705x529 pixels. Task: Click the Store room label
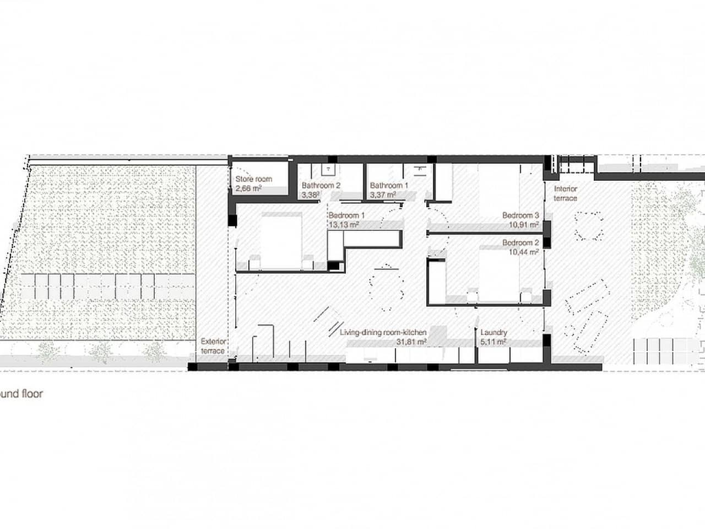pos(254,179)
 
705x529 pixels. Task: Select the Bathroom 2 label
pos(321,186)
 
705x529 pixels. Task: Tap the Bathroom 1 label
pos(389,186)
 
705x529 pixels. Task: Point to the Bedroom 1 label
pos(346,215)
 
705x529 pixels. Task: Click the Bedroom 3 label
pos(520,215)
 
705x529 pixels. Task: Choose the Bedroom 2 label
pos(520,243)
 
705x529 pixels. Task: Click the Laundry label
pos(493,333)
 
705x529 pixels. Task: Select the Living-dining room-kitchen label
pos(383,333)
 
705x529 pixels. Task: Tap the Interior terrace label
pos(565,193)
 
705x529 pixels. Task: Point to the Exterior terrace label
pos(213,346)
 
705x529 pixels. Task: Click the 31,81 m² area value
pos(411,342)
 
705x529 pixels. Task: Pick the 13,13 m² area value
pos(344,225)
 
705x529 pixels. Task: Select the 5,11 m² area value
pos(493,342)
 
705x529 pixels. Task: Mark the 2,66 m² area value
pos(248,188)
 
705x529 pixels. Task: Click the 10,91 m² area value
pos(523,225)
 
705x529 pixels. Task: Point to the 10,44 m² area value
pos(523,252)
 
